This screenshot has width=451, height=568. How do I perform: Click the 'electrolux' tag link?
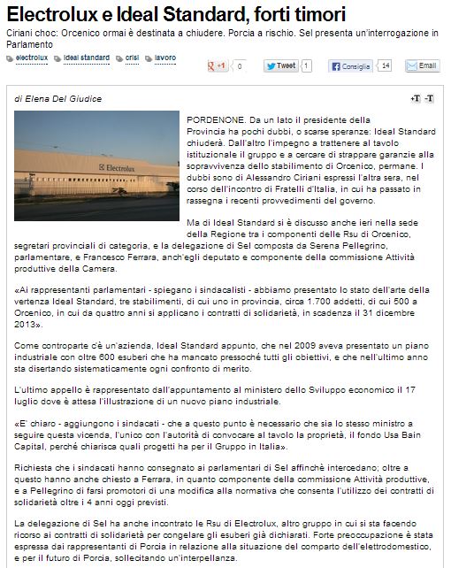(x=32, y=57)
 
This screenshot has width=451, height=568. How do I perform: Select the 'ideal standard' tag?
(x=87, y=57)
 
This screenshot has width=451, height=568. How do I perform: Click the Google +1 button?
(x=217, y=65)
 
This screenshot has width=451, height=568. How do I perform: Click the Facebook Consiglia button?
(x=351, y=65)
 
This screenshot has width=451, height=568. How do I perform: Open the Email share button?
(x=422, y=65)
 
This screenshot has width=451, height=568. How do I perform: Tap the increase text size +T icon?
(x=415, y=97)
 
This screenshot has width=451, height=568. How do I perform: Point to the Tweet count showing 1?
(x=306, y=65)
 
